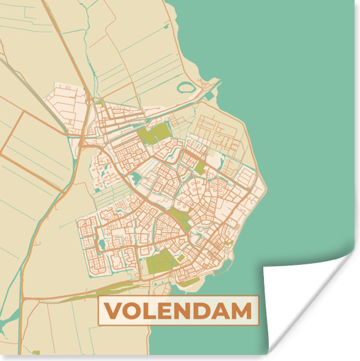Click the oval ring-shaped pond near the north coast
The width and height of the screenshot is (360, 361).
pyautogui.click(x=186, y=88)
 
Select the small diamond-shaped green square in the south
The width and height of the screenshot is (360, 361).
pyautogui.click(x=181, y=258)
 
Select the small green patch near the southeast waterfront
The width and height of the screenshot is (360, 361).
pyautogui.click(x=229, y=242)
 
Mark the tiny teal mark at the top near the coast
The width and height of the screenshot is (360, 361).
pyautogui.click(x=166, y=27)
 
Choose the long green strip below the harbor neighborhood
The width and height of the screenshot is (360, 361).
pyautogui.click(x=189, y=282)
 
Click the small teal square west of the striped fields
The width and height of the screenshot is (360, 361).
pyautogui.click(x=97, y=190)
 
